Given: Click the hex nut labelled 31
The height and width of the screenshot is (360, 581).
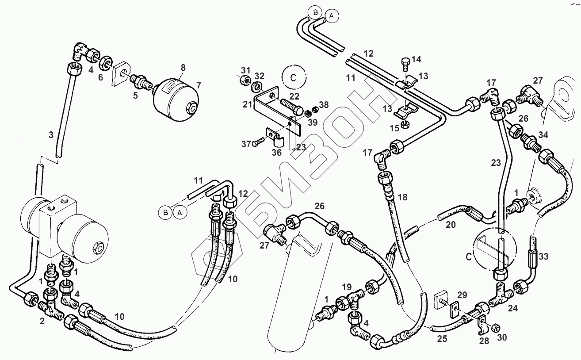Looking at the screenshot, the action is pos(243,80).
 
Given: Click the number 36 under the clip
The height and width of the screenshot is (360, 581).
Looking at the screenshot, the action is pos(276,152).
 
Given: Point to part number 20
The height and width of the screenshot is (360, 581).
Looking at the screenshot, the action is pos(450,224).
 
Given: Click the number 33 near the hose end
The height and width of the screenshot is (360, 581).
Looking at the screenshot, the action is pos(544,256).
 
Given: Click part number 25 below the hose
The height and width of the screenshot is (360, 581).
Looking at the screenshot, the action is pos(442,339).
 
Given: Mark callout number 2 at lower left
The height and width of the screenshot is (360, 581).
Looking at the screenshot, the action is pos(42,322).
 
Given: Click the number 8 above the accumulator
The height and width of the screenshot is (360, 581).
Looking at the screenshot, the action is pos(183,68).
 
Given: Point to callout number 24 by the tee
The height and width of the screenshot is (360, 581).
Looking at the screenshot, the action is pos(512,308).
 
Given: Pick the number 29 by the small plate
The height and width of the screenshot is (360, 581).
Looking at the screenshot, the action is pos(462,294).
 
